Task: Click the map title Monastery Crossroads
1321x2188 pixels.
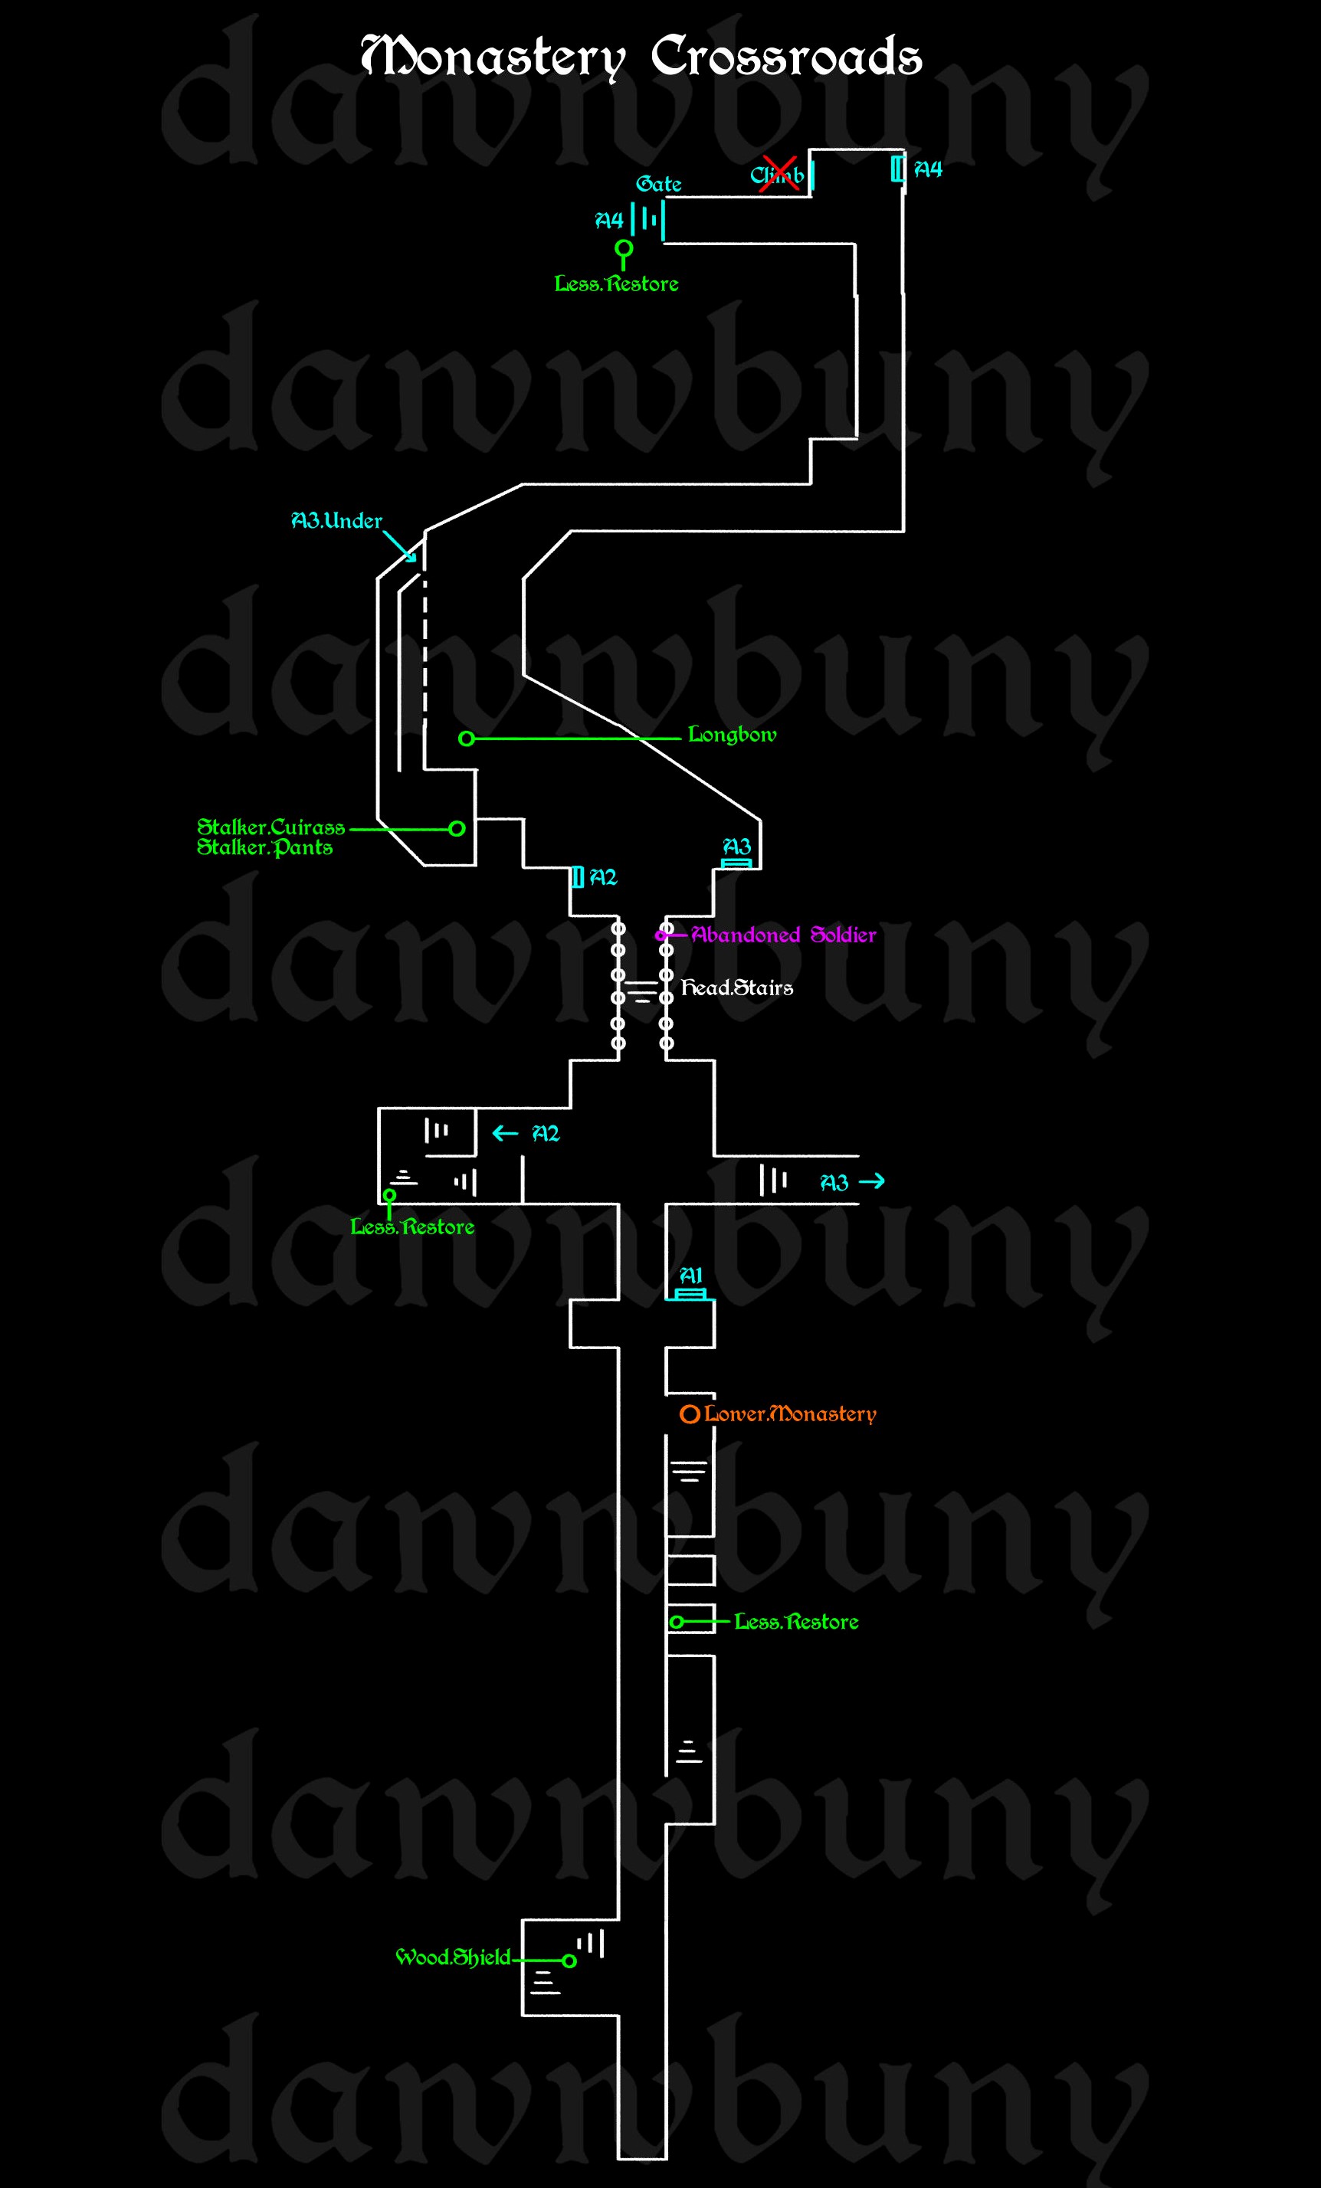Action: pyautogui.click(x=641, y=57)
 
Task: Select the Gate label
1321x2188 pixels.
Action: pyautogui.click(x=658, y=184)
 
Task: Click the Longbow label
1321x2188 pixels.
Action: pyautogui.click(x=732, y=735)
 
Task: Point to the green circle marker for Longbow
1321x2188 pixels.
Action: pyautogui.click(x=467, y=739)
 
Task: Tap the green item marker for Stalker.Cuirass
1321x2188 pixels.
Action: pyautogui.click(x=457, y=828)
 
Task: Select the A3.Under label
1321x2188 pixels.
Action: pyautogui.click(x=336, y=520)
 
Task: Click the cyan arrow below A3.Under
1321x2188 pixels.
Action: pyautogui.click(x=401, y=547)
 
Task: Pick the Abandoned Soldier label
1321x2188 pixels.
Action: pyautogui.click(x=784, y=934)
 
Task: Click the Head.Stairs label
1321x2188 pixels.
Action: pyautogui.click(x=736, y=988)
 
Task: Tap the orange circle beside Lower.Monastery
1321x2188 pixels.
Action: pyautogui.click(x=690, y=1414)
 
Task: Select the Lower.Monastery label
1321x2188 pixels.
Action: pyautogui.click(x=790, y=1413)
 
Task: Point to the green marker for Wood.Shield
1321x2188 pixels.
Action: pyautogui.click(x=569, y=1960)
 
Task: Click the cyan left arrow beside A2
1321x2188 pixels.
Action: pyautogui.click(x=505, y=1133)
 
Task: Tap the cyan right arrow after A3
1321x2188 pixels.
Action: pyautogui.click(x=873, y=1181)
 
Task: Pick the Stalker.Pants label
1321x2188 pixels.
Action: pyautogui.click(x=264, y=847)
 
